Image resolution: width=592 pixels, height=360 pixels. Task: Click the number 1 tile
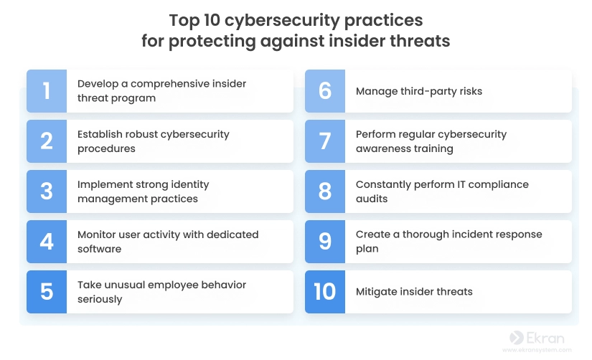[47, 91]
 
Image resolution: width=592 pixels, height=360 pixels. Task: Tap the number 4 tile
[47, 242]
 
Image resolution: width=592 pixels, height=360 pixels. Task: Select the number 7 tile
[325, 141]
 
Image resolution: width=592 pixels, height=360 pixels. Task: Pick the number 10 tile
[325, 292]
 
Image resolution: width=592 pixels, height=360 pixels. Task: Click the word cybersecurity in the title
[282, 21]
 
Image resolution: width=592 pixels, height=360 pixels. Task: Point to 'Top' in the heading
[184, 21]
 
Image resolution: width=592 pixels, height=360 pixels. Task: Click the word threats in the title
[420, 41]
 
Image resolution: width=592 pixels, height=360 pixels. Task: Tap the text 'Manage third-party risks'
[419, 91]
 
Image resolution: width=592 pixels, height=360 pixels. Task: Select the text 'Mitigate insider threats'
[414, 292]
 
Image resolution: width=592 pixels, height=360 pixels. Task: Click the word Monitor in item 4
[96, 235]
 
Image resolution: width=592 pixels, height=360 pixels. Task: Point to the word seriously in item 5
[100, 299]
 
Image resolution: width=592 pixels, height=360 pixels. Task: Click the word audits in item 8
[372, 199]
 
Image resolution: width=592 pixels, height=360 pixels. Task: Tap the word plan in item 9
[367, 249]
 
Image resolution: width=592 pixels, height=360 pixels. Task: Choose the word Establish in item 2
[100, 134]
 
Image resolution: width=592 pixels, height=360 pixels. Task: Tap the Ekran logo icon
[517, 338]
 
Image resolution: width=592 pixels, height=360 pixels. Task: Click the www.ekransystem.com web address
[537, 350]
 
